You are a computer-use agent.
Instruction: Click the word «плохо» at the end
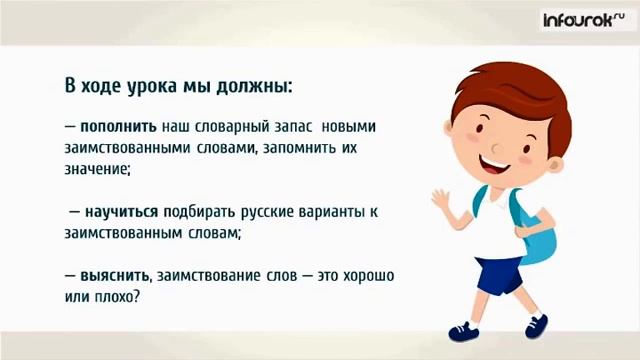[125, 297]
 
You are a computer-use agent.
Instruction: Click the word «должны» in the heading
[252, 85]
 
